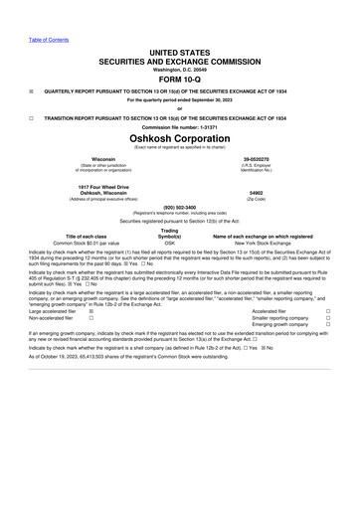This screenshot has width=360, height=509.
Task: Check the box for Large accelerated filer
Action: click(x=91, y=339)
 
